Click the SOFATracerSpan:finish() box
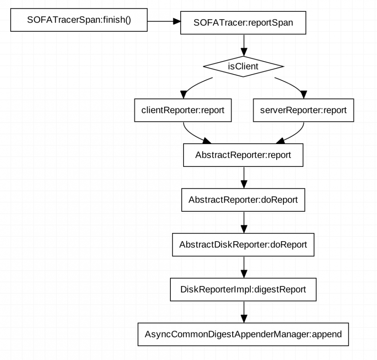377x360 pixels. point(79,20)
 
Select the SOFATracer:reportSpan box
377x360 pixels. point(243,22)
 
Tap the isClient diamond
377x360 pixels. point(243,66)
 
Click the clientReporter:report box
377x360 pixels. point(183,110)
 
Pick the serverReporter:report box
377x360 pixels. point(303,110)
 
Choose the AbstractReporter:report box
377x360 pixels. point(243,155)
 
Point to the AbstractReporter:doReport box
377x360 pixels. point(243,200)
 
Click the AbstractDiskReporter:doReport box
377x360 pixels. point(243,245)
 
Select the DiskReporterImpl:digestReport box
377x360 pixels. point(243,289)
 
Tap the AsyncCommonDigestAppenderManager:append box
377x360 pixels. point(243,334)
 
